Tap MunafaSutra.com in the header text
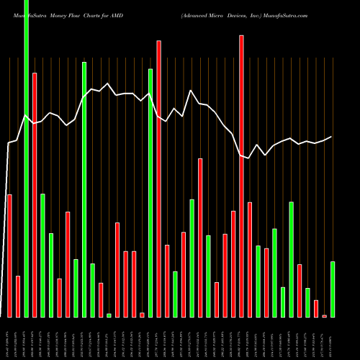tap(287, 14)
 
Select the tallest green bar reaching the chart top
tap(26, 158)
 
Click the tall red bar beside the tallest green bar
tap(35, 194)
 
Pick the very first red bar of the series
tap(9, 256)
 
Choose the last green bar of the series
tap(332, 289)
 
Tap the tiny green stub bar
tap(109, 315)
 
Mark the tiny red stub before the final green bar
tap(324, 315)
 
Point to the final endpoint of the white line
tap(332, 137)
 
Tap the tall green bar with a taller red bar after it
tap(150, 193)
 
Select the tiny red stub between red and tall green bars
tap(142, 314)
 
